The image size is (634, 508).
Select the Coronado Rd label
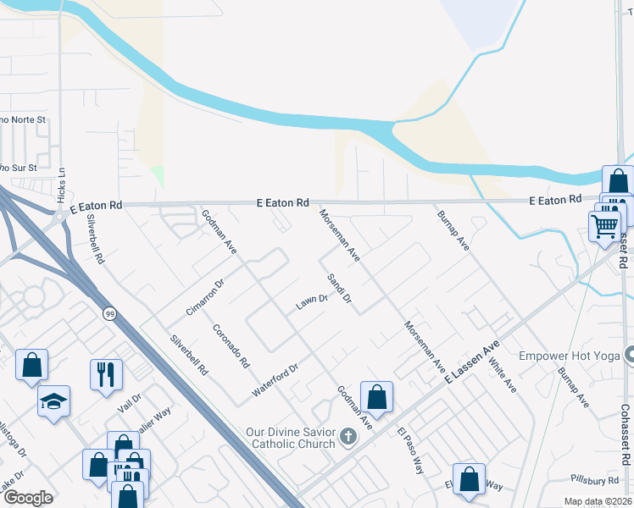231,346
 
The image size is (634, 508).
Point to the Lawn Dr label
311,302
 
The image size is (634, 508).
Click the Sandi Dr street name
339,289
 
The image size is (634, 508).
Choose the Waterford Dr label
275,382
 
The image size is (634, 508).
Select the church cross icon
348,438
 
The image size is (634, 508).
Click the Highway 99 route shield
109,314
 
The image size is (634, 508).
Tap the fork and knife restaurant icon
106,373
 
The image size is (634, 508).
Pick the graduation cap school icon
53,401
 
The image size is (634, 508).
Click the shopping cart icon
604,225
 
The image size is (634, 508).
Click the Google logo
28,498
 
